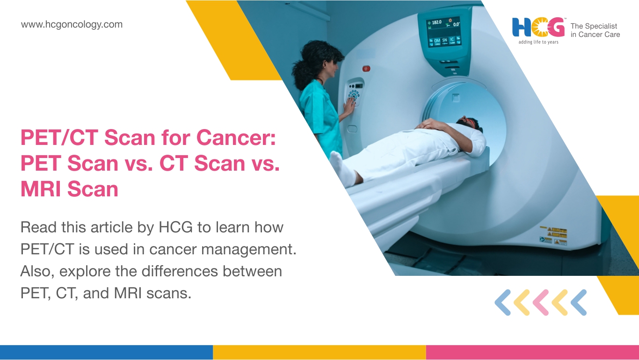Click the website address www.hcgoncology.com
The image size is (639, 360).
click(x=72, y=24)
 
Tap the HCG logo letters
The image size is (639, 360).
click(x=538, y=28)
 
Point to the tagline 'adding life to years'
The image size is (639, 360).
click(x=538, y=42)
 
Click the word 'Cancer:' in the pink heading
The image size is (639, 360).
click(x=236, y=137)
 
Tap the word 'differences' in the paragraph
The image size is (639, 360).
click(x=180, y=271)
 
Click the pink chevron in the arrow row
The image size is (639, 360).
click(x=541, y=302)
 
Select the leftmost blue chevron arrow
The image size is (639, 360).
click(x=502, y=302)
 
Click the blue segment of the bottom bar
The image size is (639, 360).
click(x=106, y=353)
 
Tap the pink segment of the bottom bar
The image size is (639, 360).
click(x=532, y=353)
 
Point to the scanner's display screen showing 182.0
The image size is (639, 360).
click(x=443, y=32)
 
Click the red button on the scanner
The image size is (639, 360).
click(x=366, y=69)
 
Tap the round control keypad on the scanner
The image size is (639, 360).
click(x=354, y=95)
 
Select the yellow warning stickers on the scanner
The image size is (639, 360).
click(x=554, y=236)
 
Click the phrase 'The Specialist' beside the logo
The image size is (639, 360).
click(x=594, y=26)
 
